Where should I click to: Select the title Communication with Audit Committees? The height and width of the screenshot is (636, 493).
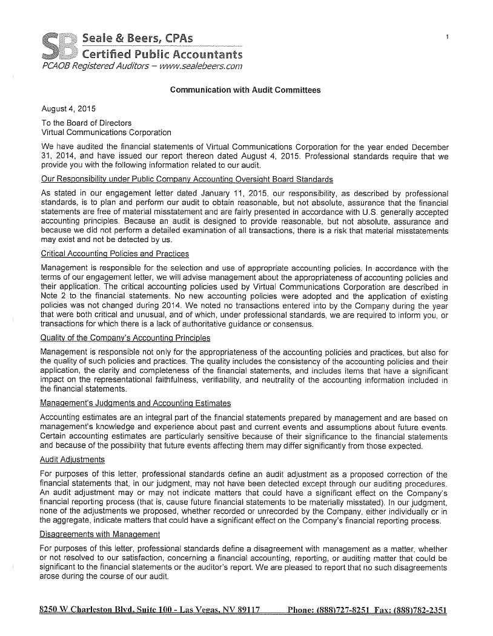click(x=245, y=90)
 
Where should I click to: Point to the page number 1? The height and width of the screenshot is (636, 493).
click(x=446, y=38)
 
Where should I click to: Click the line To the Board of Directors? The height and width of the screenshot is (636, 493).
click(x=86, y=123)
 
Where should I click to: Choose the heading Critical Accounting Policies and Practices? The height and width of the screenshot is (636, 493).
click(x=114, y=254)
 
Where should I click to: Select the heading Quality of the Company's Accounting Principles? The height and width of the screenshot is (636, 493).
click(x=125, y=337)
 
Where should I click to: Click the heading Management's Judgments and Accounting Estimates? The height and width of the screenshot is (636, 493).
click(x=135, y=403)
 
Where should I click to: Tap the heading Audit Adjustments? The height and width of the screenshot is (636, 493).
click(x=72, y=460)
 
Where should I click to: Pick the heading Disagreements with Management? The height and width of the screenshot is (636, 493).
click(x=100, y=534)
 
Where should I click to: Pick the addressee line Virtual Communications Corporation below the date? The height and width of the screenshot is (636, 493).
click(x=106, y=132)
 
